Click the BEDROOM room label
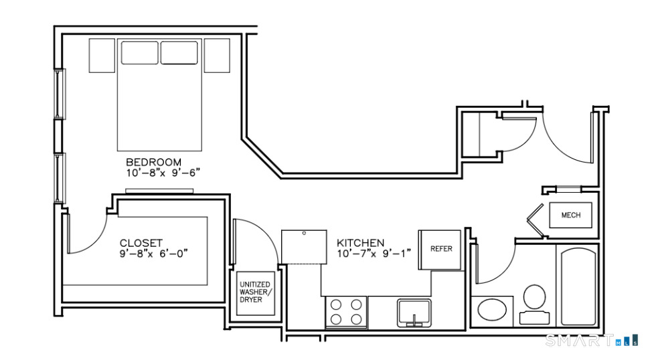pos(153,162)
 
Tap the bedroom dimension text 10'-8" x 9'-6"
pos(163,173)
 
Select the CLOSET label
pos(141,243)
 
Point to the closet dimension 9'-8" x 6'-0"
pos(154,253)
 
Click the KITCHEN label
pos(361,243)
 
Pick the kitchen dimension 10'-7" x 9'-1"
pos(374,253)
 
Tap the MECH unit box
pos(570,215)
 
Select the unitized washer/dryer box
pos(255,292)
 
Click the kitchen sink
pos(414,312)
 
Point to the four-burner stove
pos(346,312)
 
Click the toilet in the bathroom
pos(534,304)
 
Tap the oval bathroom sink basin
pos(492,310)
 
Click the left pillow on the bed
pos(139,53)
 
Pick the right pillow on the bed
pos(179,53)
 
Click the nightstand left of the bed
pos(102,56)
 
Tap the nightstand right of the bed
pos(217,56)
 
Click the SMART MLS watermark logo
pos(591,341)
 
